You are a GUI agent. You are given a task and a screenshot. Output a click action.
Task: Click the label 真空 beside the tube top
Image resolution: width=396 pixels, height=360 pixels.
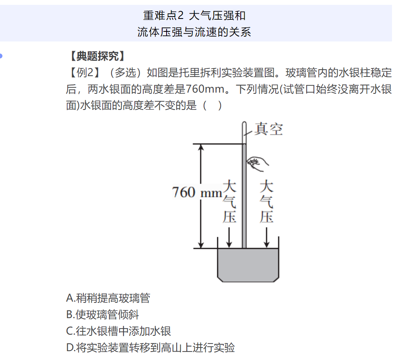(x=268, y=129)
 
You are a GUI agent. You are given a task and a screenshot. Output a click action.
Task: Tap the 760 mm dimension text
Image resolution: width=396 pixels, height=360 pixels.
(x=197, y=192)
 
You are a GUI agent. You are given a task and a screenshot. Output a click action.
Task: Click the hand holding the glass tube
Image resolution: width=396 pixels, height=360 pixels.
(x=257, y=164)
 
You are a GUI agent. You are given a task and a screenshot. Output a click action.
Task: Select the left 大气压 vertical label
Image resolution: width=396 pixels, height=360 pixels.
(x=229, y=201)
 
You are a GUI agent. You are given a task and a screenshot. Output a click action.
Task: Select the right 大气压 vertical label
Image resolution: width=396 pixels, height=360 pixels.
(x=266, y=201)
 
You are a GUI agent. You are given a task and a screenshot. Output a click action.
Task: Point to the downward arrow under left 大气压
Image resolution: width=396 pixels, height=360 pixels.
(x=229, y=237)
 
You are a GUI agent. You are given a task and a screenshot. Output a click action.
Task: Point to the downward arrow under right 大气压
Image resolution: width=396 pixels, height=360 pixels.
(x=266, y=237)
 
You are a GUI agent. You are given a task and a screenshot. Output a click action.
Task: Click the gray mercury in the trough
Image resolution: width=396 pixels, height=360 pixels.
(x=248, y=265)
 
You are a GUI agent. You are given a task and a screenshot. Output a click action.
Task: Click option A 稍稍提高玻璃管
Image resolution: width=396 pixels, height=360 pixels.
(x=108, y=298)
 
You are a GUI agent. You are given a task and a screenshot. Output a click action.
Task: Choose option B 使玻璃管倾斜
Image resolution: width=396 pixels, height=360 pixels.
(x=103, y=314)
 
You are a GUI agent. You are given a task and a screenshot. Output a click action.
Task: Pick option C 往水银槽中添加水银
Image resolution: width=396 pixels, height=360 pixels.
(x=118, y=331)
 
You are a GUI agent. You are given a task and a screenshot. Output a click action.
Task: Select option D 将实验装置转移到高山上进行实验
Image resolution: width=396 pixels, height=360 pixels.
(x=151, y=348)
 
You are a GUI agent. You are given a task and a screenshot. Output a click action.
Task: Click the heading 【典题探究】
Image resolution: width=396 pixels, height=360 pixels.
(x=97, y=56)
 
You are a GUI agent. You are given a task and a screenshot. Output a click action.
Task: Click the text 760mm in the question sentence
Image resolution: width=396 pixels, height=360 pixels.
(x=205, y=89)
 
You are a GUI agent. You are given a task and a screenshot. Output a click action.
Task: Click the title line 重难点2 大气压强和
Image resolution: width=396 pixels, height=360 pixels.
(x=194, y=16)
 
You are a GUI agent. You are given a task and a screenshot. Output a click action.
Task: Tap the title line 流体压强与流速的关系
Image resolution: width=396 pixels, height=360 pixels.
(x=194, y=32)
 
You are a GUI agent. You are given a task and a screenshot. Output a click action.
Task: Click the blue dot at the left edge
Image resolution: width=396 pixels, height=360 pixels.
(x=1, y=56)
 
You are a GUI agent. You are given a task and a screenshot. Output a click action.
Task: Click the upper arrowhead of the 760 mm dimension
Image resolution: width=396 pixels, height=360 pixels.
(x=201, y=147)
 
